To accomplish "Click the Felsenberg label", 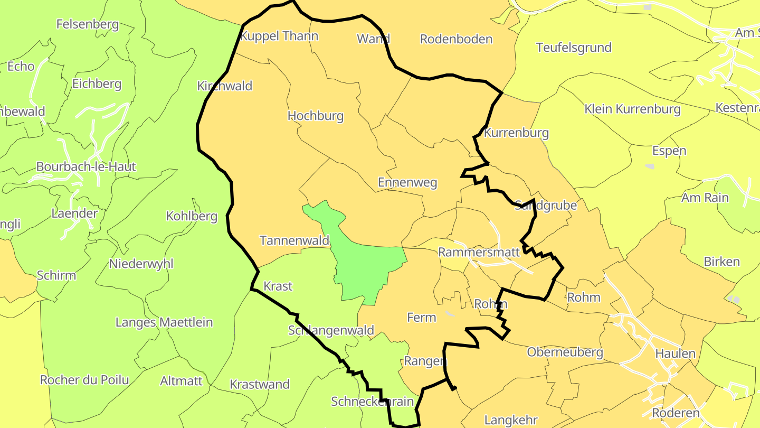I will [x=88, y=24].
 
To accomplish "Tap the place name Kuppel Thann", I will [x=279, y=36].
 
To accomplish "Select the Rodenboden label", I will [x=456, y=39].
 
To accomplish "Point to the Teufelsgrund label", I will [x=574, y=47].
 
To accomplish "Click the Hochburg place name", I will [x=316, y=116].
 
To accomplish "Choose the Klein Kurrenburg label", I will [x=632, y=109].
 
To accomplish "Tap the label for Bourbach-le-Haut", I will [x=86, y=166].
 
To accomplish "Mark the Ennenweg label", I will [x=407, y=183].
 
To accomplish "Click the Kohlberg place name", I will [x=192, y=216].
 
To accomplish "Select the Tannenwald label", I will [x=294, y=240].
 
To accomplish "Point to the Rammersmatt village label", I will [x=479, y=252].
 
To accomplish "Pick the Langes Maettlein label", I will [x=164, y=322].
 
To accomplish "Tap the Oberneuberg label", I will [x=565, y=352].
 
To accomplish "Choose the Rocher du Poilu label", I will [x=84, y=380].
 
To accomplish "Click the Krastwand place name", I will [x=260, y=384].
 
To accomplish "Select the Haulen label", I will [x=676, y=353].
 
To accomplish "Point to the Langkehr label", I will [x=511, y=420].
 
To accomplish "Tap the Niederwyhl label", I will [x=141, y=264].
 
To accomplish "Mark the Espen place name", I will [x=669, y=151].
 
